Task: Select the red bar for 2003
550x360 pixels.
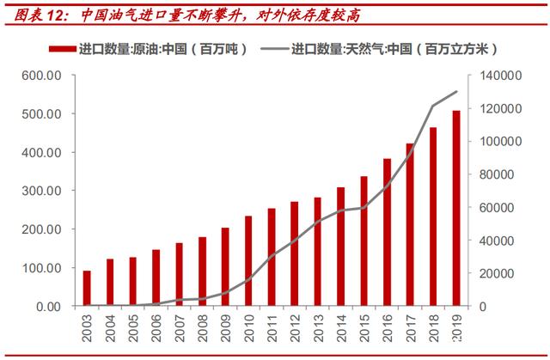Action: (87, 288)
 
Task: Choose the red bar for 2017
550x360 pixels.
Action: (409, 224)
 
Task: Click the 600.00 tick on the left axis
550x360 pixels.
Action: (40, 76)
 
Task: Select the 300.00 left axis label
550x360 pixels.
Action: (40, 191)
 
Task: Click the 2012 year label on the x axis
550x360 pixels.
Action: (294, 330)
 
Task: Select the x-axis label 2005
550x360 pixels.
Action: (133, 330)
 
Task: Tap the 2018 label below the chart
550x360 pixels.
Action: (432, 330)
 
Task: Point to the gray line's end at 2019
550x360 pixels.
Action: (455, 92)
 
